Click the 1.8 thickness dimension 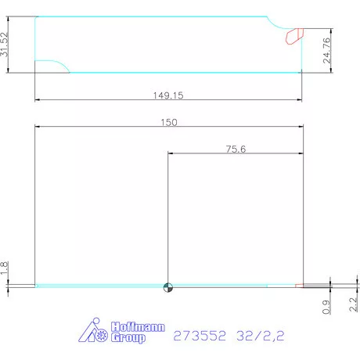coord(5,268)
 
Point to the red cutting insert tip coord(294,35)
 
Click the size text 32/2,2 coord(261,337)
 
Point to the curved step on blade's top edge coord(275,23)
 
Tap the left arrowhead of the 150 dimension coord(38,127)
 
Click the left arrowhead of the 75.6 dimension coord(170,153)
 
